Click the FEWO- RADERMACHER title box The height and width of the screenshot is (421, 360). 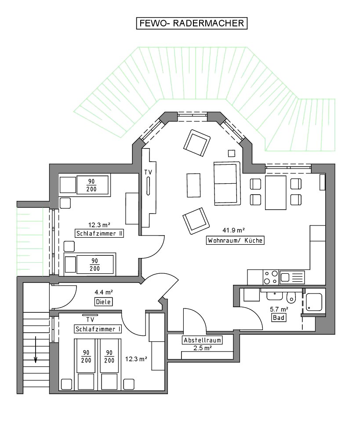192,23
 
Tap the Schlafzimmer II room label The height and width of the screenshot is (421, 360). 99,233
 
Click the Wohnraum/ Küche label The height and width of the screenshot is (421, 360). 235,240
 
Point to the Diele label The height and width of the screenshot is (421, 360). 103,302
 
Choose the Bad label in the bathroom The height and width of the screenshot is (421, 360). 279,318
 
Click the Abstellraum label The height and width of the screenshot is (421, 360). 202,340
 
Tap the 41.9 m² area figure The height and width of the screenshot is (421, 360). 233,230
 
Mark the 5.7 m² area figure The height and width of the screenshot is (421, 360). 279,309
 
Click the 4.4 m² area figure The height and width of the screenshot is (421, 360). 103,292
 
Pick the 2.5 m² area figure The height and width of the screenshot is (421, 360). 202,348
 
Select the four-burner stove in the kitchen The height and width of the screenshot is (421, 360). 270,277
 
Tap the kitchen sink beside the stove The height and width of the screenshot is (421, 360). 292,277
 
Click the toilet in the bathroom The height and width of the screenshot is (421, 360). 291,297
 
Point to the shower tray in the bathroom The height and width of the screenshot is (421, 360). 314,302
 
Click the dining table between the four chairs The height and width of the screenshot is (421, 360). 275,192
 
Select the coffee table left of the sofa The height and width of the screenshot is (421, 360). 193,185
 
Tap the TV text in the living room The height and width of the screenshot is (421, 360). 148,172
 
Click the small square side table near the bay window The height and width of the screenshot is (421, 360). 232,153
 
